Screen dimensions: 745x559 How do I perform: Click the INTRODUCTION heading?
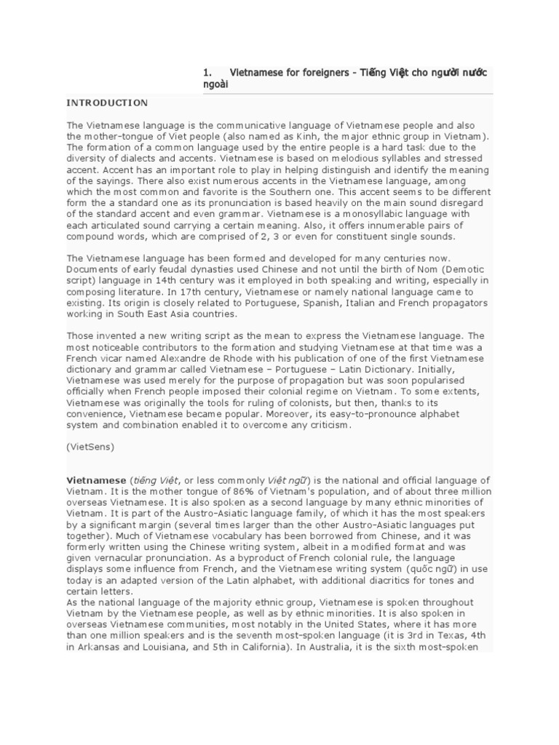click(x=107, y=103)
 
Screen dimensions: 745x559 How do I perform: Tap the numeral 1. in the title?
click(x=207, y=73)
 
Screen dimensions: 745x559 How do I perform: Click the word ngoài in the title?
click(x=215, y=85)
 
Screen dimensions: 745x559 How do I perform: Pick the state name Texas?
click(x=446, y=637)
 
